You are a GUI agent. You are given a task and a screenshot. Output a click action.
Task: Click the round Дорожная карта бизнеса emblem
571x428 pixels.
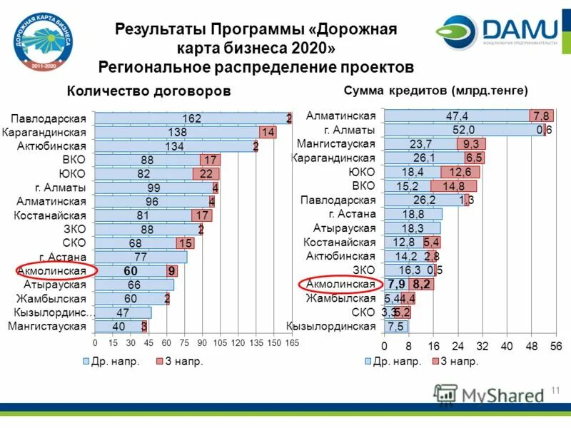pyautogui.click(x=40, y=41)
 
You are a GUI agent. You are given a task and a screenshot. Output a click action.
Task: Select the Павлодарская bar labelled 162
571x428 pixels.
pyautogui.click(x=191, y=118)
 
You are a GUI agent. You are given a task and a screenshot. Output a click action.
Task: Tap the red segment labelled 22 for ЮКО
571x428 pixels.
pyautogui.click(x=206, y=174)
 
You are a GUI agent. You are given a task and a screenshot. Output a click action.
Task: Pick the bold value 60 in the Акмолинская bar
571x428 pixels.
pyautogui.click(x=131, y=271)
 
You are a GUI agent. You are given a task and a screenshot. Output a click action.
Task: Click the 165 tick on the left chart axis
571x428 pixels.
pyautogui.click(x=292, y=343)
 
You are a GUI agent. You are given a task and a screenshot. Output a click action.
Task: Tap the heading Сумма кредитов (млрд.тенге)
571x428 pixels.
pyautogui.click(x=435, y=91)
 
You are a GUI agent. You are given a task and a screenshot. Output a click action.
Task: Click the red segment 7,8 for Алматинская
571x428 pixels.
pyautogui.click(x=540, y=116)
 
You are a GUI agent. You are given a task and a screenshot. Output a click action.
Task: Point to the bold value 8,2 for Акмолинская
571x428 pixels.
pyautogui.click(x=422, y=285)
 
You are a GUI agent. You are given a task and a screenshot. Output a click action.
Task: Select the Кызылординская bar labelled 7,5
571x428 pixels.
pyautogui.click(x=395, y=327)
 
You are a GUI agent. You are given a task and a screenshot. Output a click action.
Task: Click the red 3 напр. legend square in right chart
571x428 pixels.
pyautogui.click(x=434, y=362)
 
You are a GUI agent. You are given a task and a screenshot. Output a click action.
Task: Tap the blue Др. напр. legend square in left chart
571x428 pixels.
pyautogui.click(x=86, y=362)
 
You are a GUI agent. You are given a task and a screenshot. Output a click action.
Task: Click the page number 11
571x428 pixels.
pyautogui.click(x=557, y=390)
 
